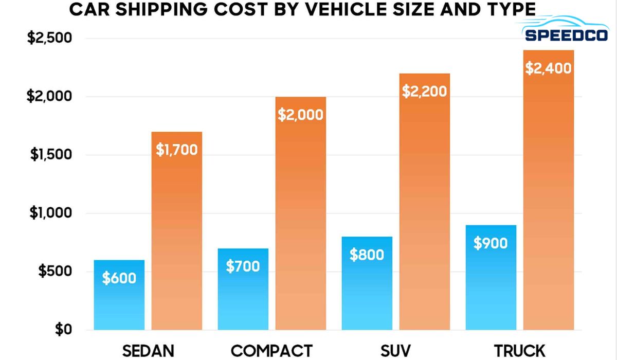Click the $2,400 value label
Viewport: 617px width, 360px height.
pyautogui.click(x=548, y=68)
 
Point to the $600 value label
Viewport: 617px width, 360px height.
pyautogui.click(x=119, y=278)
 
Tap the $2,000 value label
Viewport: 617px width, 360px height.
pyautogui.click(x=300, y=115)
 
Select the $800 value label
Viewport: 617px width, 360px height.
pyautogui.click(x=367, y=255)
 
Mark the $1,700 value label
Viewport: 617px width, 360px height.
pyautogui.click(x=176, y=150)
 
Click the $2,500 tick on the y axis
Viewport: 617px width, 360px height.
pyautogui.click(x=49, y=39)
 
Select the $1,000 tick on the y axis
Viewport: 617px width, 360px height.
pyautogui.click(x=50, y=213)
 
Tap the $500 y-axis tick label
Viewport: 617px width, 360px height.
pyautogui.click(x=55, y=272)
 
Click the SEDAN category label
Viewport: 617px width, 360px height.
pyautogui.click(x=148, y=351)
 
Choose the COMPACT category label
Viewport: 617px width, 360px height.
pyautogui.click(x=271, y=351)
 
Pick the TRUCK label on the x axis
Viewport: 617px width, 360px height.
pyautogui.click(x=519, y=351)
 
